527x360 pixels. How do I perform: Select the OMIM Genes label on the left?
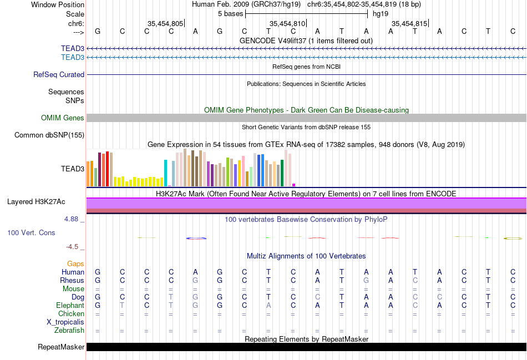click(x=63, y=118)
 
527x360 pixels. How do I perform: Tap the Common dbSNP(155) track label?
click(x=49, y=135)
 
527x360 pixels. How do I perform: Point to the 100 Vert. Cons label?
click(x=31, y=232)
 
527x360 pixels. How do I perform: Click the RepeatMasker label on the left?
click(x=61, y=347)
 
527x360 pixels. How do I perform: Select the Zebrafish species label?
click(x=69, y=331)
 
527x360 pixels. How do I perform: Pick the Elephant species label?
click(x=70, y=305)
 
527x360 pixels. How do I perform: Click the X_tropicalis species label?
click(x=65, y=322)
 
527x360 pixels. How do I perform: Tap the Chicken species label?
click(x=71, y=313)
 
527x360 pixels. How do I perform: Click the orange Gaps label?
click(x=75, y=263)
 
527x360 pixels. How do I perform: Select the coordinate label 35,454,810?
click(x=287, y=23)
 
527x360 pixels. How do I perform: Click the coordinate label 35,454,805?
click(x=165, y=23)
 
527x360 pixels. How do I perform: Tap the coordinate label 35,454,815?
click(x=409, y=23)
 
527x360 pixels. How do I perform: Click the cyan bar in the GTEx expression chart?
click(x=166, y=173)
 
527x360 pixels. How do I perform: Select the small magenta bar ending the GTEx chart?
click(x=294, y=185)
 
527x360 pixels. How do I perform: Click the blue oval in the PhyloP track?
click(x=196, y=238)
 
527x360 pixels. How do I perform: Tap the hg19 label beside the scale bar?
click(x=380, y=13)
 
